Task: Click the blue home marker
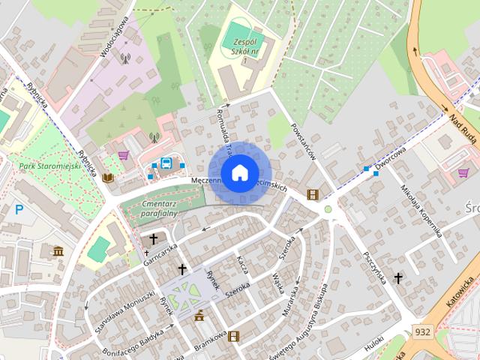point(239,172)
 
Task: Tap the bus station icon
point(166,163)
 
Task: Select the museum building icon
point(58,250)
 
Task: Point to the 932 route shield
point(422,331)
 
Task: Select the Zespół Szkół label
point(245,46)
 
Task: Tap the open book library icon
point(109,178)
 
